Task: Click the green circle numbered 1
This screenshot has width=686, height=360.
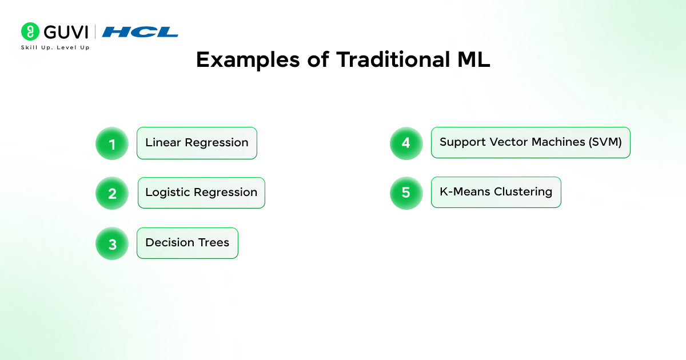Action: point(112,143)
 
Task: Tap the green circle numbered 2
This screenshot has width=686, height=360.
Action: point(112,193)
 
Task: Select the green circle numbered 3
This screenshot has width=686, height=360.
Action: point(112,243)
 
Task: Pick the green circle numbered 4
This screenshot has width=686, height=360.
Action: point(406,143)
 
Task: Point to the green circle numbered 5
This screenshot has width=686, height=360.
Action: point(406,193)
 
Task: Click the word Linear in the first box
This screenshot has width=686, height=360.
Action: point(163,142)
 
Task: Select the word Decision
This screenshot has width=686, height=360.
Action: point(169,242)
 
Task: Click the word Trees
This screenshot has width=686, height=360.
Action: point(214,242)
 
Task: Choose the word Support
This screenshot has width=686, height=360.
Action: point(462,142)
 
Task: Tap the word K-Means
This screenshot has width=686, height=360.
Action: point(465,191)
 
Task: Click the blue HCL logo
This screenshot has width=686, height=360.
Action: point(140,32)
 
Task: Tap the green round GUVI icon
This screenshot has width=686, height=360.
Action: point(30,31)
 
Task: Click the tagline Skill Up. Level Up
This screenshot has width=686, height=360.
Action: point(55,47)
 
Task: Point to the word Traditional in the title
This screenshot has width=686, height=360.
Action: point(393,59)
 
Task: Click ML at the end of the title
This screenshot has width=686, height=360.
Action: point(474,59)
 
